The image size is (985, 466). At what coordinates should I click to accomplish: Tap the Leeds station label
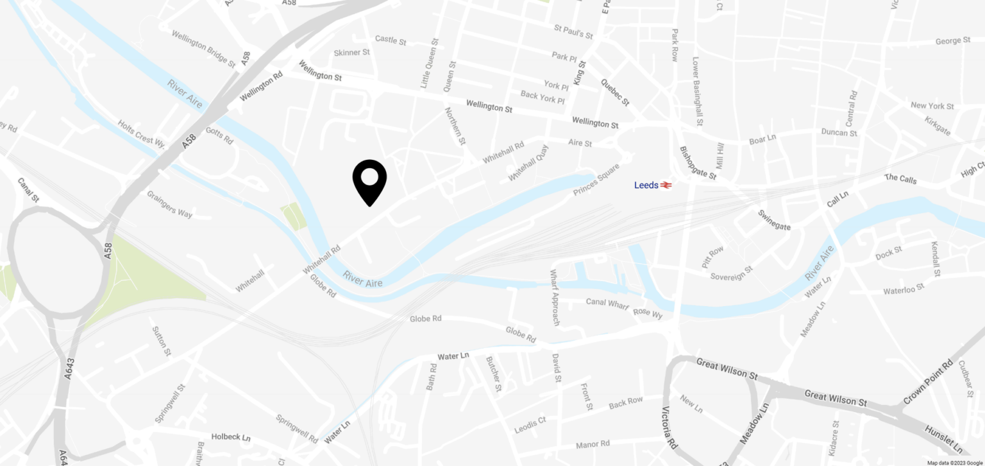[x=646, y=186]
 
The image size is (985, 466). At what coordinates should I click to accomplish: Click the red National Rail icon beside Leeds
[x=666, y=186]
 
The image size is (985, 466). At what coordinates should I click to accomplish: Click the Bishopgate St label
[x=698, y=163]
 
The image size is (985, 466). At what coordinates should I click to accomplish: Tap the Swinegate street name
[x=774, y=220]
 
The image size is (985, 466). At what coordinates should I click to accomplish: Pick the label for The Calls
[x=900, y=178]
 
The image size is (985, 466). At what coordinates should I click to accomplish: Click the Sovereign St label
[x=731, y=273]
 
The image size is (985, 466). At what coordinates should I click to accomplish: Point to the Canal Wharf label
[x=607, y=303]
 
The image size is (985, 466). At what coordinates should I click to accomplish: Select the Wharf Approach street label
[x=555, y=297]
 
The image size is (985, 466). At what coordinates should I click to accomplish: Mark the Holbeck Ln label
[x=231, y=437]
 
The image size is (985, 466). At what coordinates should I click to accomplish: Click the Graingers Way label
[x=169, y=204]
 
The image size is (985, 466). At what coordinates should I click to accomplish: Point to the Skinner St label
[x=351, y=53]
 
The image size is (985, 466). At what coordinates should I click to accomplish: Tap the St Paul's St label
[x=573, y=32]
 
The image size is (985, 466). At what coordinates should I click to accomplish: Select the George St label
[x=952, y=41]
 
